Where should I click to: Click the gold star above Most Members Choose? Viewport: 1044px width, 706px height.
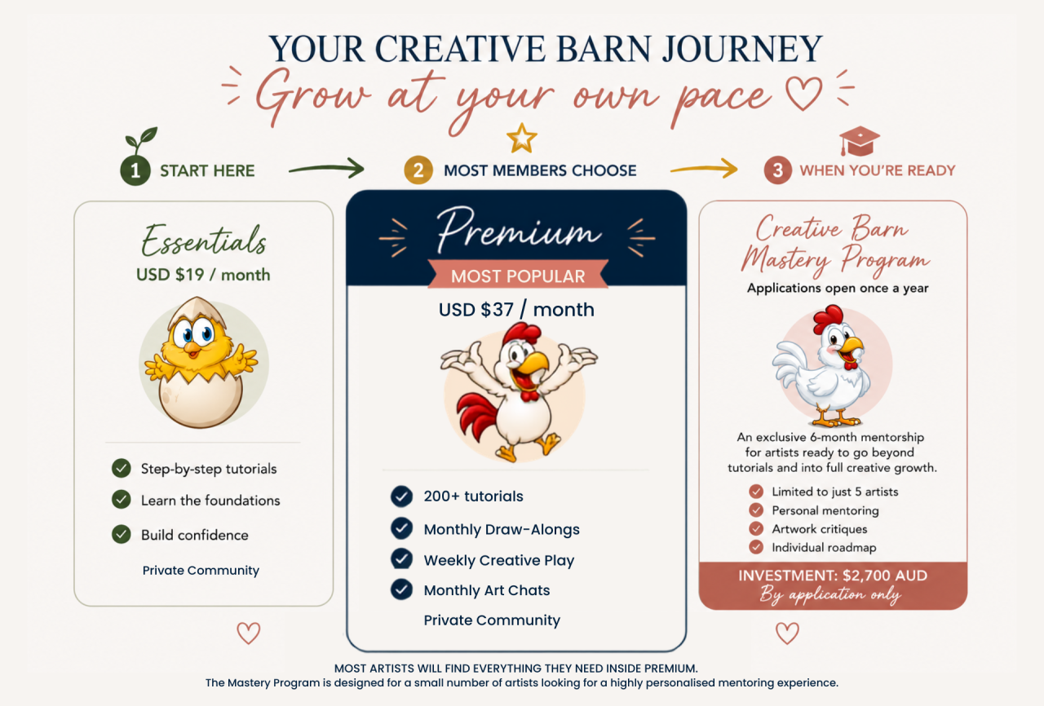tap(521, 139)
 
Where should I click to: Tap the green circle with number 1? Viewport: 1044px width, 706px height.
tap(135, 170)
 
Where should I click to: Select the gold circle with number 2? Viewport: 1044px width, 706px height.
tap(418, 170)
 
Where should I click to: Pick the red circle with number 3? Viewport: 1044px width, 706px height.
tap(777, 170)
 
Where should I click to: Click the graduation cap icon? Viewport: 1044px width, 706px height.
tap(859, 141)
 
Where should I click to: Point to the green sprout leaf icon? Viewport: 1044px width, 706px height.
tap(141, 139)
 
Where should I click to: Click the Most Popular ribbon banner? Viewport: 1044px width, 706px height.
tap(518, 274)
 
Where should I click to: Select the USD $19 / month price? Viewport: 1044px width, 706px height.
tap(203, 275)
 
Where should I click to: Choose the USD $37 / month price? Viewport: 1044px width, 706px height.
tap(516, 310)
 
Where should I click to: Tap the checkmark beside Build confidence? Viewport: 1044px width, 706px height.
tap(122, 534)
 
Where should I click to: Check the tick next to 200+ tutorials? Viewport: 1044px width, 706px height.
tap(401, 496)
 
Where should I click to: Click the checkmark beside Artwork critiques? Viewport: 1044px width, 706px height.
tap(756, 528)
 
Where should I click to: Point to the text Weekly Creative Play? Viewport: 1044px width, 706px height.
tap(498, 560)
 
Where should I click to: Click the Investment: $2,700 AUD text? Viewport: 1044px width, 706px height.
tap(833, 576)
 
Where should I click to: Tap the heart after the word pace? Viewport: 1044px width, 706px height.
tap(803, 93)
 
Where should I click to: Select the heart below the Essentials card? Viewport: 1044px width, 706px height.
tap(249, 633)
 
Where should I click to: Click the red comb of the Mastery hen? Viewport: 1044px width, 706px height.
tap(828, 319)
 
